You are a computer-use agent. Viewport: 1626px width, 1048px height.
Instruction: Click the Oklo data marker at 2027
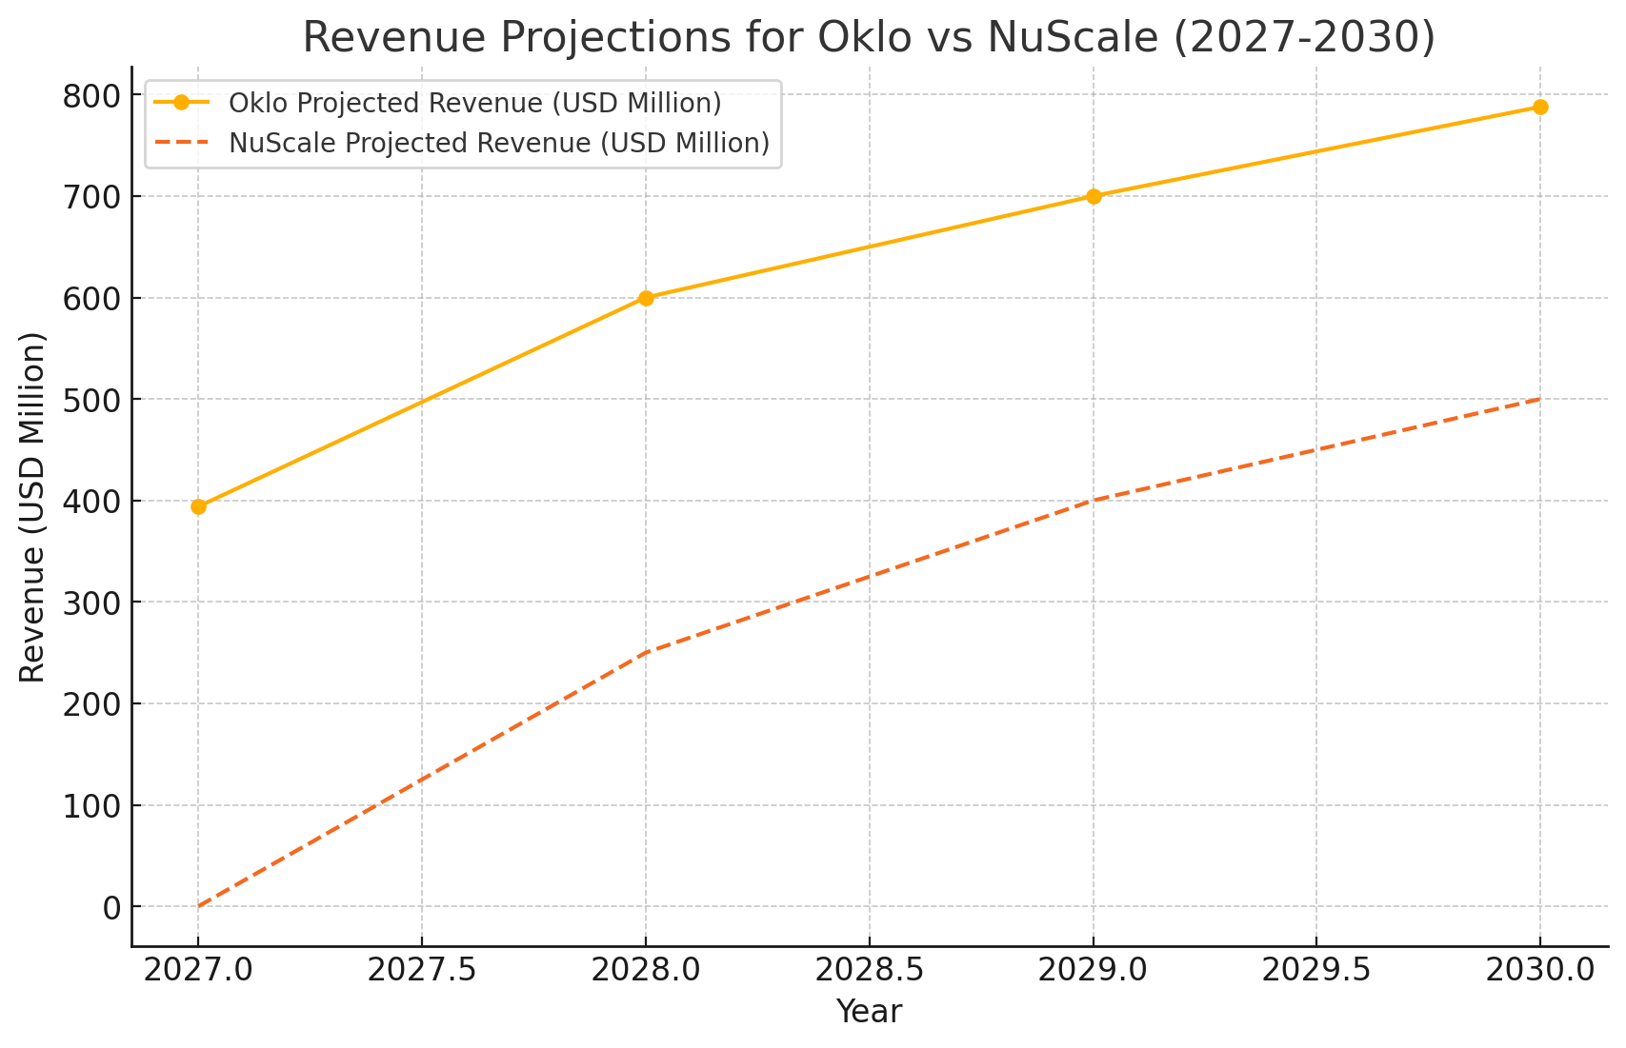(198, 506)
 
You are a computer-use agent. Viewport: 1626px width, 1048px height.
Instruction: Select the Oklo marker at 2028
(646, 298)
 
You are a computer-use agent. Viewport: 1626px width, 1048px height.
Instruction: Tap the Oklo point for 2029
(1094, 196)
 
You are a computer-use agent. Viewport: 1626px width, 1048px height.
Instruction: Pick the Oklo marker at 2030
(1540, 107)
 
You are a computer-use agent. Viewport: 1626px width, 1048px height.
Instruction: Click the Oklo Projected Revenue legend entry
(474, 103)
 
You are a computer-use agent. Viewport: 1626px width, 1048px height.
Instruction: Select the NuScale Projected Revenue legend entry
(498, 143)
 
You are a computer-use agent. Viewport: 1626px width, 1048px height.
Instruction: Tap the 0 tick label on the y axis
(111, 907)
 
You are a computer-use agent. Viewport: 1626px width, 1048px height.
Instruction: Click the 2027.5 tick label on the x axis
(422, 970)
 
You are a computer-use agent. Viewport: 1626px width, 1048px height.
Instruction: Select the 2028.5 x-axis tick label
(870, 970)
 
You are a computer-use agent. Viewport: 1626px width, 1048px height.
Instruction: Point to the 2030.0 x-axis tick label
(1540, 970)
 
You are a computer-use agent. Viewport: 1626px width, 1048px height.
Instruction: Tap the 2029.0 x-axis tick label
(1094, 970)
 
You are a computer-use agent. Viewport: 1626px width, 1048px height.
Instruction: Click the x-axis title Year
(869, 1012)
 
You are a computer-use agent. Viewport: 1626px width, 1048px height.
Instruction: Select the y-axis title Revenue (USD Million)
(32, 506)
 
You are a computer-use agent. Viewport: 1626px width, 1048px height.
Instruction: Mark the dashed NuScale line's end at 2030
(1539, 400)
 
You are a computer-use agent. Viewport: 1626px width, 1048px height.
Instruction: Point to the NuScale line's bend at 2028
(646, 653)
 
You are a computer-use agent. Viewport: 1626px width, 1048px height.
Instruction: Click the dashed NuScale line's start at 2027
(199, 906)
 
